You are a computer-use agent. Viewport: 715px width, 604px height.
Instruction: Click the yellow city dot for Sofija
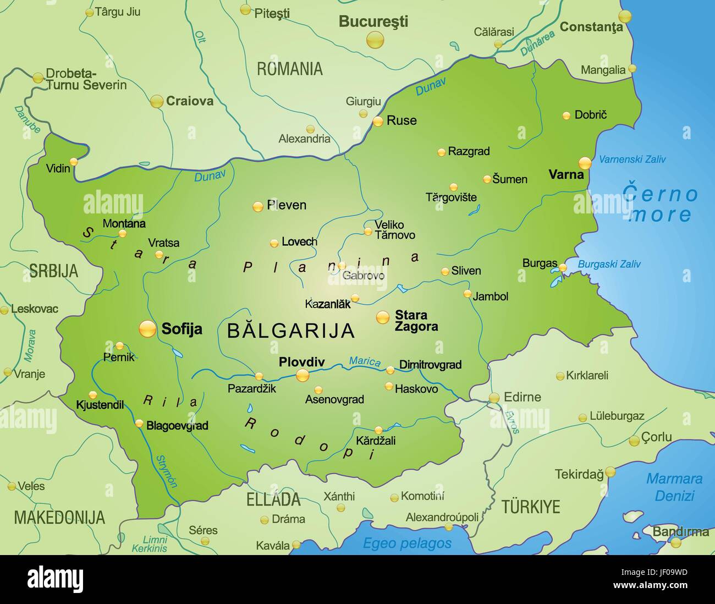(x=147, y=328)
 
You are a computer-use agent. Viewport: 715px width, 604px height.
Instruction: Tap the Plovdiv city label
(x=301, y=362)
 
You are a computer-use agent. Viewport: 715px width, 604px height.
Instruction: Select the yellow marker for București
(x=375, y=40)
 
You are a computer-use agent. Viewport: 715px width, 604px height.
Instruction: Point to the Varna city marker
(x=585, y=163)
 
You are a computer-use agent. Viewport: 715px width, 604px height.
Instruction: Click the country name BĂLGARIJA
(x=291, y=331)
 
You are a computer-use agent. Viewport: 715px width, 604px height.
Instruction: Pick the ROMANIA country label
(x=289, y=69)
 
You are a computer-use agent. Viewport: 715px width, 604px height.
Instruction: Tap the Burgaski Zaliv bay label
(x=609, y=264)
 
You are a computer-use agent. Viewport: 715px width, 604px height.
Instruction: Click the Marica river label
(x=365, y=361)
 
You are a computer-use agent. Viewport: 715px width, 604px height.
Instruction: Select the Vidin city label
(x=58, y=168)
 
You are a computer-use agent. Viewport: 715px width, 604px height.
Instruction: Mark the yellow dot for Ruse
(x=378, y=122)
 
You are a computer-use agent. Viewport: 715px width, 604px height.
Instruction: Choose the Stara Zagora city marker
(x=382, y=317)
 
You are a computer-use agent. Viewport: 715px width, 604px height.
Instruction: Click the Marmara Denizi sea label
(x=674, y=487)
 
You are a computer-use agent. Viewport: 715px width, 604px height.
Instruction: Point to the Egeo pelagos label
(x=407, y=543)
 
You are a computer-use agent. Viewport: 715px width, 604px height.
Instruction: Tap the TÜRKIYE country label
(x=530, y=507)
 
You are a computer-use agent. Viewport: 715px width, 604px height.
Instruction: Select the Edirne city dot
(x=494, y=397)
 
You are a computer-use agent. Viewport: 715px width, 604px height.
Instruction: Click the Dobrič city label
(x=590, y=115)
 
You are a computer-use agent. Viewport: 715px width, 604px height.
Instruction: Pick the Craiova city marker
(x=157, y=101)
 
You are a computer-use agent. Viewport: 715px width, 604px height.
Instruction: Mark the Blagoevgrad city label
(x=177, y=425)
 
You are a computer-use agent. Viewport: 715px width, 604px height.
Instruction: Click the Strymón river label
(x=167, y=471)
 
